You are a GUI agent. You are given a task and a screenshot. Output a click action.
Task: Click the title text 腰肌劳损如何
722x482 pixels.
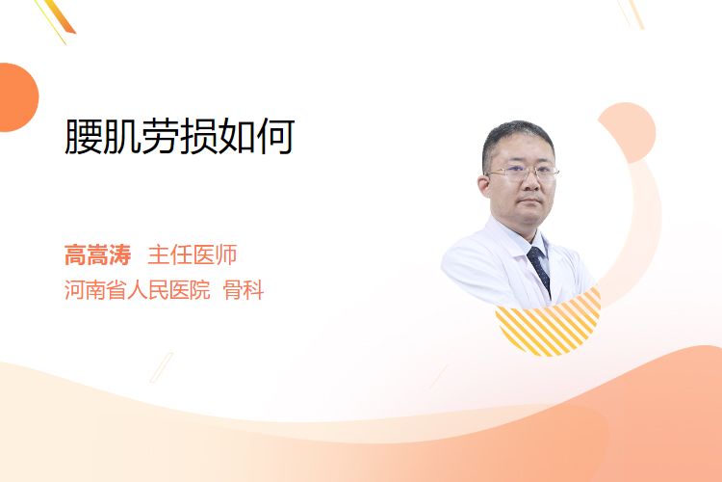click(180, 136)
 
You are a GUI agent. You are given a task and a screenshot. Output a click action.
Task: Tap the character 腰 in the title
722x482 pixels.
click(84, 136)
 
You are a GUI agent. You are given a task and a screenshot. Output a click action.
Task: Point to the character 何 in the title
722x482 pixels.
click(276, 136)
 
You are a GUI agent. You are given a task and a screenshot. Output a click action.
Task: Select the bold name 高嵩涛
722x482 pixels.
click(97, 255)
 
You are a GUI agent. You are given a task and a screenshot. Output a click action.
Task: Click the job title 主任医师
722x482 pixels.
click(193, 255)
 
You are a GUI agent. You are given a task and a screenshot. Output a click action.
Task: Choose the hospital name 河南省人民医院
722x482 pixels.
click(138, 290)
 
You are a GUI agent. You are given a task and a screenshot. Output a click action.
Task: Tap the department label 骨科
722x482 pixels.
click(244, 290)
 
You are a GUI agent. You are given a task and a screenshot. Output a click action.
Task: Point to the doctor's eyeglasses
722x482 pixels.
click(523, 174)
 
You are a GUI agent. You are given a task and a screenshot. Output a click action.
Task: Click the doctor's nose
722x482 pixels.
click(531, 183)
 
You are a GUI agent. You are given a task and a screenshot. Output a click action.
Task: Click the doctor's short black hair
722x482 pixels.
click(517, 139)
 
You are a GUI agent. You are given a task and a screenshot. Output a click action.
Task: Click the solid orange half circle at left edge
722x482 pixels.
click(17, 97)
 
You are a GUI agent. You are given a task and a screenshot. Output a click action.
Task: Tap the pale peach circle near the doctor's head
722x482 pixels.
click(627, 132)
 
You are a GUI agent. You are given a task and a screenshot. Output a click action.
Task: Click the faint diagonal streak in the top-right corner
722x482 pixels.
click(632, 13)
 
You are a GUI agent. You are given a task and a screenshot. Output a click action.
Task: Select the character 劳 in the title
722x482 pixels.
click(160, 136)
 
